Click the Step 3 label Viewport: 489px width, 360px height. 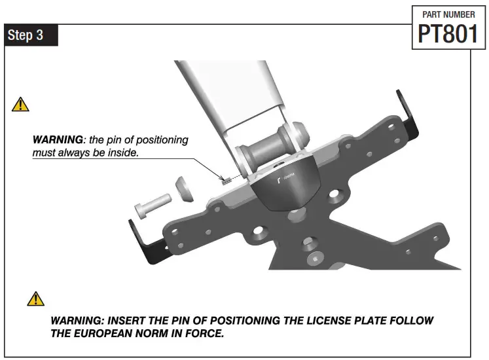(x=26, y=35)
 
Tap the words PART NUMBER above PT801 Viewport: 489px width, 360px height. (x=449, y=13)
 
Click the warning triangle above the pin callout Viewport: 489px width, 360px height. (x=21, y=103)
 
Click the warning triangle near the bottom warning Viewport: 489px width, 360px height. (x=35, y=298)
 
